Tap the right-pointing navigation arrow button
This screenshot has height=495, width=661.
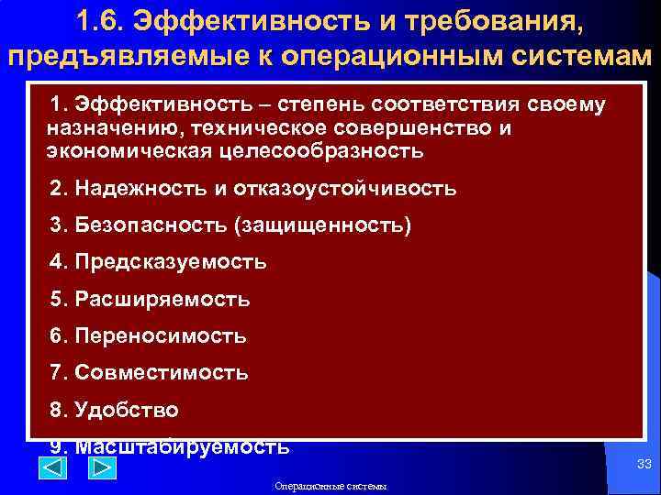click(101, 468)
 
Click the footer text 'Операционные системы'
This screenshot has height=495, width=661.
click(330, 486)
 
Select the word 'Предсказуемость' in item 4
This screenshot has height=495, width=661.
click(171, 262)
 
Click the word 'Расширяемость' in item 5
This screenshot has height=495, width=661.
click(162, 299)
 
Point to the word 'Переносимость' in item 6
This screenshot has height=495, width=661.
click(161, 336)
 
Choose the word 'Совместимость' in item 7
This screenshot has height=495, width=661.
click(162, 373)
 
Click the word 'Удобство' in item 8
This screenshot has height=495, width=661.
click(127, 410)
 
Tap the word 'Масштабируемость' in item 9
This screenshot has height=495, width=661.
click(182, 446)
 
